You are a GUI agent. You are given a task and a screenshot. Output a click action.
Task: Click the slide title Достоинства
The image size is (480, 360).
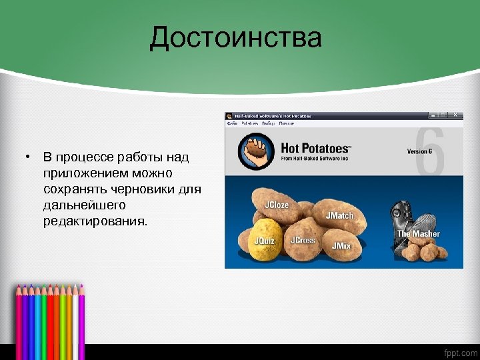coord(235,38)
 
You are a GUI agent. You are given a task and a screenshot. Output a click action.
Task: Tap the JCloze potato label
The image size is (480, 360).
coord(277,205)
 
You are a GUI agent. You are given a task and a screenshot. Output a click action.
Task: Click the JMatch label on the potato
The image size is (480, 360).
coord(339,216)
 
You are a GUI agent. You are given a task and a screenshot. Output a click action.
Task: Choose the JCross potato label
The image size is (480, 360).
coord(303,240)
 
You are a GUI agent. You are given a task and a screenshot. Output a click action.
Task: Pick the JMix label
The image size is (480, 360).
coord(341,246)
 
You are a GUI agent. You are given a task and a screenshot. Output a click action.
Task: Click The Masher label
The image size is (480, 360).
coord(418,234)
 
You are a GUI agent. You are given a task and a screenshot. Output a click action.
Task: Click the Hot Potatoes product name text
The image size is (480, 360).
coord(315,148)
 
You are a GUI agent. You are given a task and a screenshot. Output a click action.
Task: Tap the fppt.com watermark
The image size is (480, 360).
coord(460,352)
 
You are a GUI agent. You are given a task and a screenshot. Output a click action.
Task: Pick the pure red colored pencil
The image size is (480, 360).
coord(50,320)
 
